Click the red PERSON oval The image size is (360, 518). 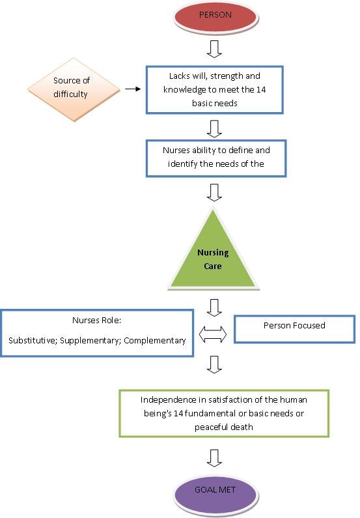tap(215, 16)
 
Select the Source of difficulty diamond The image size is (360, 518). tap(74, 89)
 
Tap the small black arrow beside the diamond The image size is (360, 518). tap(133, 89)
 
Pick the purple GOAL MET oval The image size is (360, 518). tap(215, 491)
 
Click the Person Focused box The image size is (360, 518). tap(294, 329)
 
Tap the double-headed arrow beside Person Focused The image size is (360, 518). tap(213, 334)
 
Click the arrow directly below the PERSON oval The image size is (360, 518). tap(214, 49)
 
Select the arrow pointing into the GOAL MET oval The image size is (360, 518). tap(214, 458)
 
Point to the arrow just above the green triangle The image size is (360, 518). tap(214, 192)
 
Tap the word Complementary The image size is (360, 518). tap(155, 341)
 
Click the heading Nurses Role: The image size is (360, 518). tap(97, 320)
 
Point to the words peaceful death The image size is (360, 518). tap(224, 427)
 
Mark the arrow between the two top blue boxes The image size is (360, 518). tap(214, 128)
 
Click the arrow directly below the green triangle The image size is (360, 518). tap(214, 308)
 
